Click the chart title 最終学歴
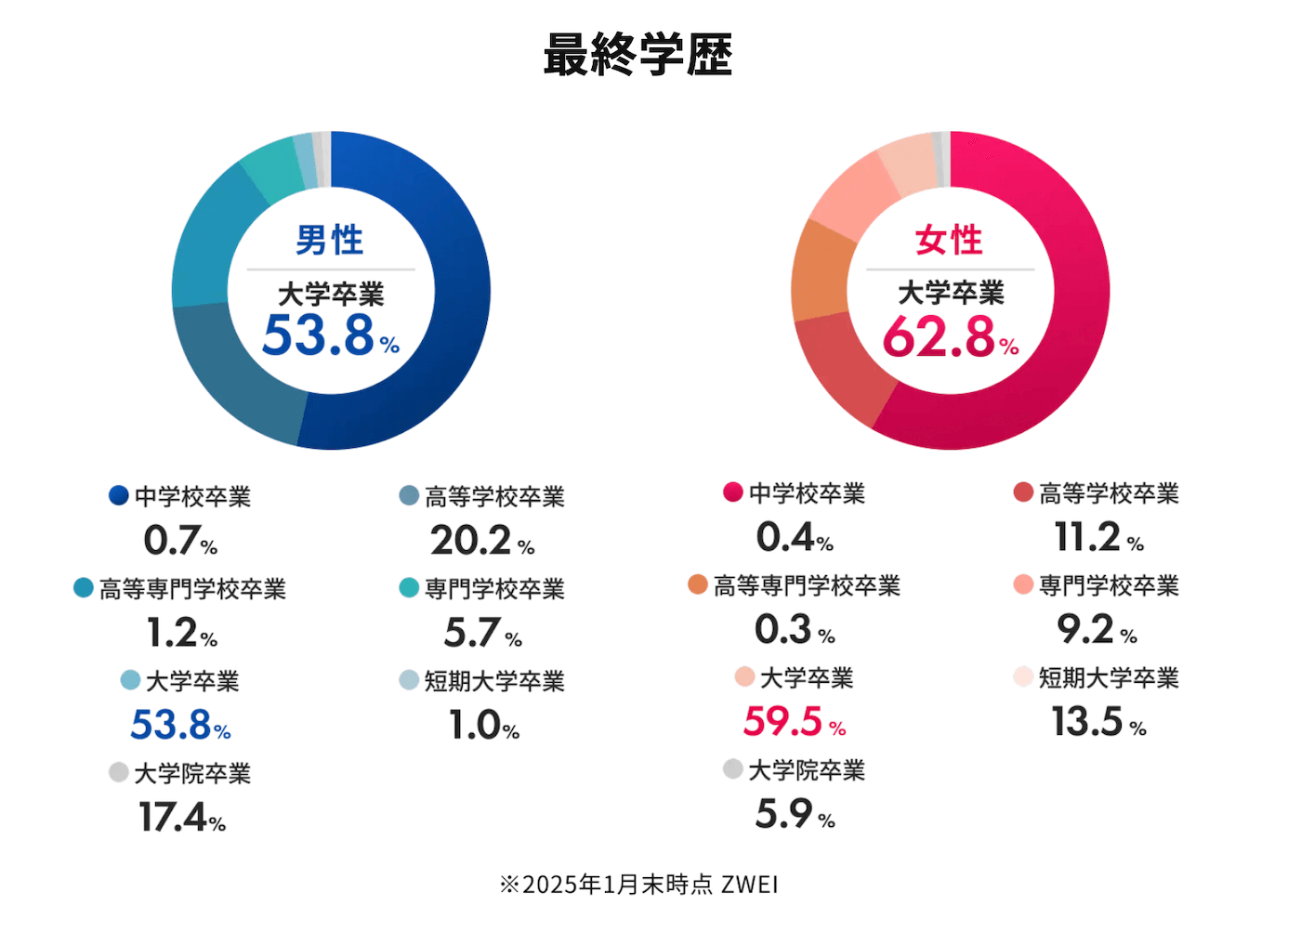point(637,55)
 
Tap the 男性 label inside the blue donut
point(330,240)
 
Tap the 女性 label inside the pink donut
point(949,240)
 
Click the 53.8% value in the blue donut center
point(330,335)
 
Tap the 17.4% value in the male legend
point(182,818)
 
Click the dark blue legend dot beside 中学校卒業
point(118,495)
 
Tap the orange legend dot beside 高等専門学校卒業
point(697,584)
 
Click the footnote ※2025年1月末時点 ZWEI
point(638,885)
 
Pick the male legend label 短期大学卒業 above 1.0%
point(494,681)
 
